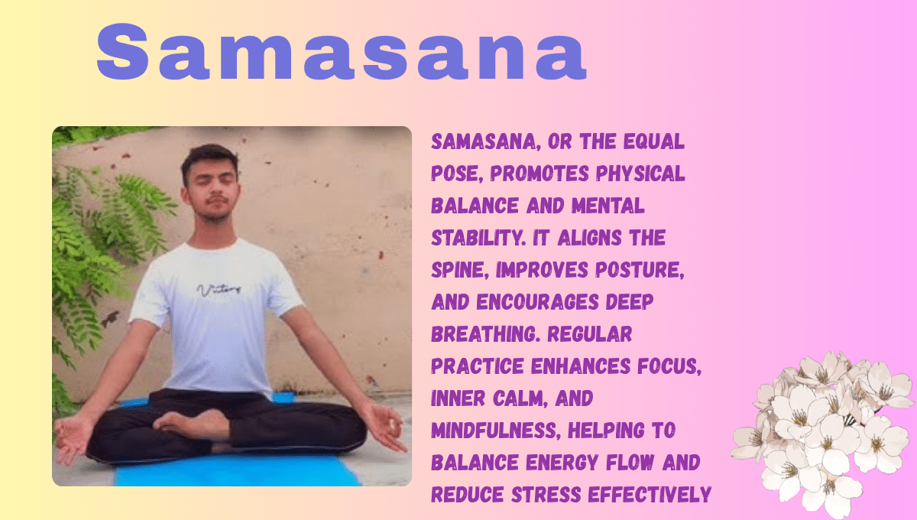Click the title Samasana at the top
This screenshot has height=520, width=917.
point(342,51)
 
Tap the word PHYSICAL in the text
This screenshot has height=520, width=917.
point(640,174)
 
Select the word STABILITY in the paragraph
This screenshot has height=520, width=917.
point(478,238)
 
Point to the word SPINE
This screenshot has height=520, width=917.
point(460,270)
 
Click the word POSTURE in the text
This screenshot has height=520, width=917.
point(640,270)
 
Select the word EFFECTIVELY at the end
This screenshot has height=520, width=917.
point(650,495)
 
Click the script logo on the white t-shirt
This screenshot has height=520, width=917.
point(219,290)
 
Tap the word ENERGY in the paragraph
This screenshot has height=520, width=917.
point(562,462)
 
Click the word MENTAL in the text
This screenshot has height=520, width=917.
point(608,206)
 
